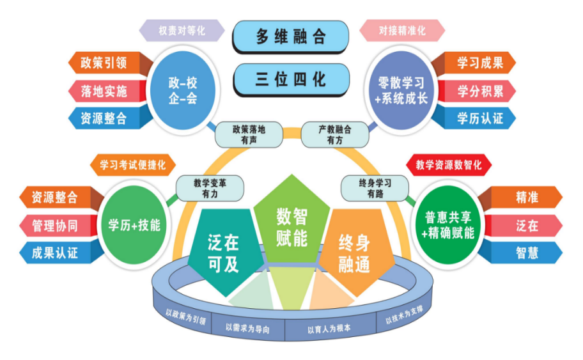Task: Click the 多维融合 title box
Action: pyautogui.click(x=291, y=36)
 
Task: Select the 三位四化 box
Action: pyautogui.click(x=291, y=79)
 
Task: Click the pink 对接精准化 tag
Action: pyautogui.click(x=402, y=30)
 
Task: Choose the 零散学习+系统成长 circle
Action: pyautogui.click(x=403, y=90)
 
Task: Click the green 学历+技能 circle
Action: pyautogui.click(x=134, y=224)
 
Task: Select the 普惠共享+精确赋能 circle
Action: pyautogui.click(x=448, y=224)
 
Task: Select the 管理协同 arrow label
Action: pyautogui.click(x=56, y=225)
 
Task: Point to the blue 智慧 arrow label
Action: pyautogui.click(x=525, y=253)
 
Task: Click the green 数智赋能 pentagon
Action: pyautogui.click(x=291, y=225)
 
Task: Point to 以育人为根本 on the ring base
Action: pyautogui.click(x=328, y=330)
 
